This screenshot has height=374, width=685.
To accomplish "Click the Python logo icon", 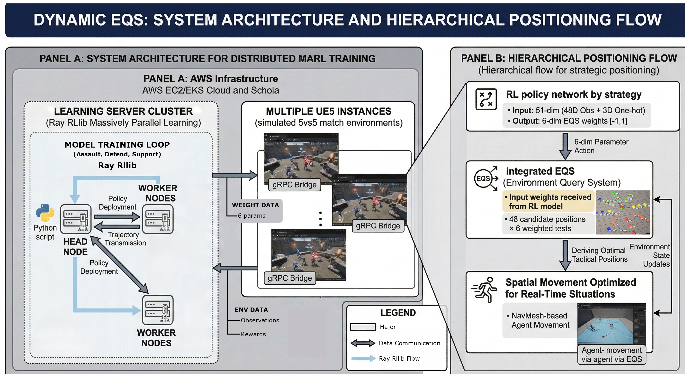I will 45,213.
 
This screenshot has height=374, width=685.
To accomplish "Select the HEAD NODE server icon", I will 76,219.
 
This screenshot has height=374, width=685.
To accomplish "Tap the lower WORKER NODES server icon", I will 158,310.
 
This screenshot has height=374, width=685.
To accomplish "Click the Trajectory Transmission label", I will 125,239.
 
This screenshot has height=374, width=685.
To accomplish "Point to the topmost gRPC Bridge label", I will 294,185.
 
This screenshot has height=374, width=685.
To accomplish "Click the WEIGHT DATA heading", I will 255,205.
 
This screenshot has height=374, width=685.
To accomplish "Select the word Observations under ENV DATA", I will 260,320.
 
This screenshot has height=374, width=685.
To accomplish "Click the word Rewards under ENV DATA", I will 253,334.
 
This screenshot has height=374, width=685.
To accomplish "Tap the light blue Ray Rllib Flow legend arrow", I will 363,359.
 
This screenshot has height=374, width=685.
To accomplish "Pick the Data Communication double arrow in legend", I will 363,343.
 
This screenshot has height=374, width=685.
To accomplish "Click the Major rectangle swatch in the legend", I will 363,327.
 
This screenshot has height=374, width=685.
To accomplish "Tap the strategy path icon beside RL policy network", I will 486,99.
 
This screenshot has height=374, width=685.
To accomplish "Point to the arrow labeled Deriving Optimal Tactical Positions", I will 565,255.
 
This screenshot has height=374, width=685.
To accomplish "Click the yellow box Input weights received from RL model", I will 548,202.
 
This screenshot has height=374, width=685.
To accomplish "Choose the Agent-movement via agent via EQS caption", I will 611,355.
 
